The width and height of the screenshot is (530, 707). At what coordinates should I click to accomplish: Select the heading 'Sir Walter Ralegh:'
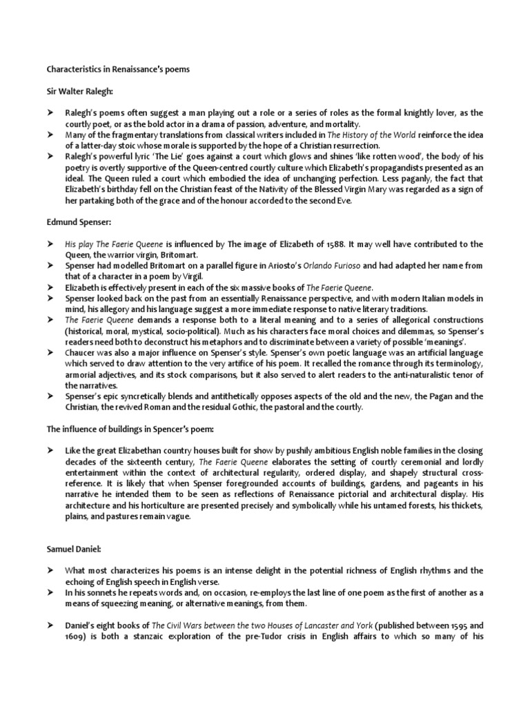pyautogui.click(x=78, y=91)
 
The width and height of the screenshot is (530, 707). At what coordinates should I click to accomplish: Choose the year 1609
pyautogui.click(x=75, y=637)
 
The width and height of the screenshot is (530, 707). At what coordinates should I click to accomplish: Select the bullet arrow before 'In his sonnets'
pyautogui.click(x=50, y=593)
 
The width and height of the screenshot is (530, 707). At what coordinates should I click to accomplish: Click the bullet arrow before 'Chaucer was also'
pyautogui.click(x=50, y=352)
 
